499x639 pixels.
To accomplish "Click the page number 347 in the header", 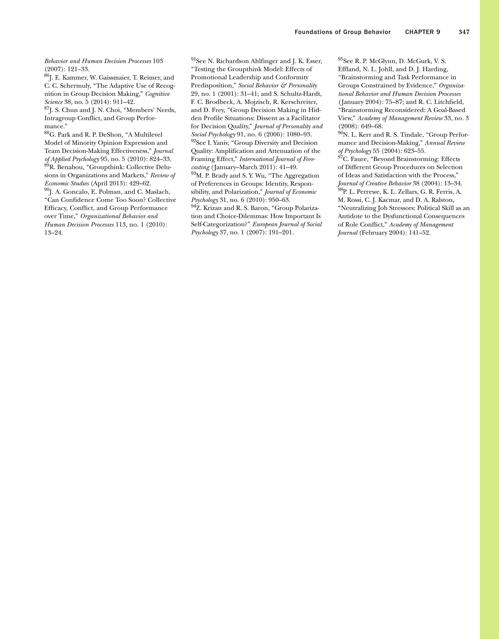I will [464, 32].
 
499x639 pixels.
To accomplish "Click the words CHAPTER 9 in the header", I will [423, 32].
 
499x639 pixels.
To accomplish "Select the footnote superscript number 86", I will [46, 76].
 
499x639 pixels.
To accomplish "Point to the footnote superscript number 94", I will [193, 206].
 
